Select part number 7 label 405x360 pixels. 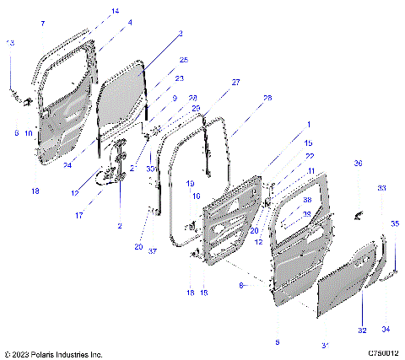(x=41, y=24)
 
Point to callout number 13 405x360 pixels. (x=10, y=43)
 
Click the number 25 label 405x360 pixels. (x=183, y=60)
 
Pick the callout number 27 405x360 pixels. (x=235, y=82)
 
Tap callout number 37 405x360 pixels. (x=153, y=251)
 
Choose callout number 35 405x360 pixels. (x=395, y=223)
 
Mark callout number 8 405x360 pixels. (x=242, y=286)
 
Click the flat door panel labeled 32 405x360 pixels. (x=346, y=287)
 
